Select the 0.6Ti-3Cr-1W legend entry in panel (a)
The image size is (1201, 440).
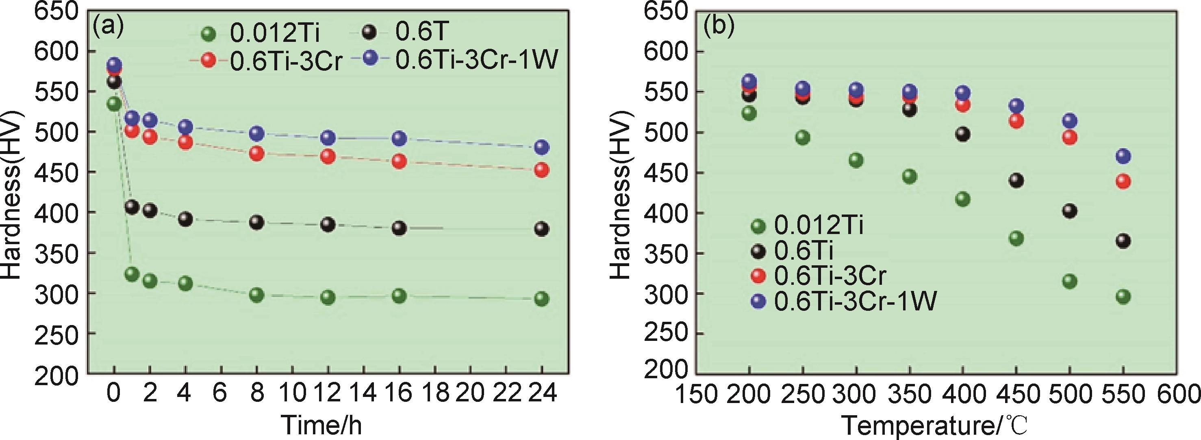click(476, 60)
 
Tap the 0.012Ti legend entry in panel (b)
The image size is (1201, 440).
click(819, 225)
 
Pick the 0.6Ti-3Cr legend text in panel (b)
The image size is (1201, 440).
click(830, 276)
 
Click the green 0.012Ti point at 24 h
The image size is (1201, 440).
click(541, 299)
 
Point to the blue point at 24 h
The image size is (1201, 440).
click(541, 147)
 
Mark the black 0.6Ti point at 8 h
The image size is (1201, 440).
click(257, 222)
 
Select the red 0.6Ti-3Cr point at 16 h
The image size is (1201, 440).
click(399, 161)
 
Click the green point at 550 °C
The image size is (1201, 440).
click(1123, 297)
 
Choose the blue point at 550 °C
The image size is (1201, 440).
click(1123, 156)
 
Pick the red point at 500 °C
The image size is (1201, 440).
click(1070, 137)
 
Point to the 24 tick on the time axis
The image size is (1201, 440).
click(542, 393)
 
